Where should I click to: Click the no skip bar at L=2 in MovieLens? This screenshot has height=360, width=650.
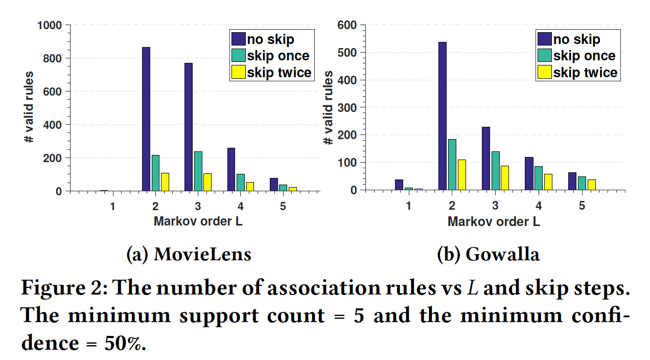pos(146,119)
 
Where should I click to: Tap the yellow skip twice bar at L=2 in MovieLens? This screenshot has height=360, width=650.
pos(165,182)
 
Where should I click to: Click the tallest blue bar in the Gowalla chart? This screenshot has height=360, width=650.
pos(443,116)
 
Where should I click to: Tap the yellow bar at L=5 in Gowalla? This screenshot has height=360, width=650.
pos(591,185)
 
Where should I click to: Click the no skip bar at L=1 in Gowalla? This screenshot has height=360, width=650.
pos(399,185)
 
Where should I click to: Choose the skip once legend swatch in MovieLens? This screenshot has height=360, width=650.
pos(238,55)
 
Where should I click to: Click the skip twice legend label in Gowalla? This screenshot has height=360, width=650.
pos(585,73)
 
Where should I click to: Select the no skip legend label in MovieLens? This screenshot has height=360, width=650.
pos(270,38)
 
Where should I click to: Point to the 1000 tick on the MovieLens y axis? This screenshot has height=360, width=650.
pos(50,25)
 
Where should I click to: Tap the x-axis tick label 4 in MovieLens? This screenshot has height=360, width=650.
pos(240,206)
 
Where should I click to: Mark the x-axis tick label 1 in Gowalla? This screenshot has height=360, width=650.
pos(408,206)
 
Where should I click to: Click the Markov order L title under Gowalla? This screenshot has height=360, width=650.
pos(494,221)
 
